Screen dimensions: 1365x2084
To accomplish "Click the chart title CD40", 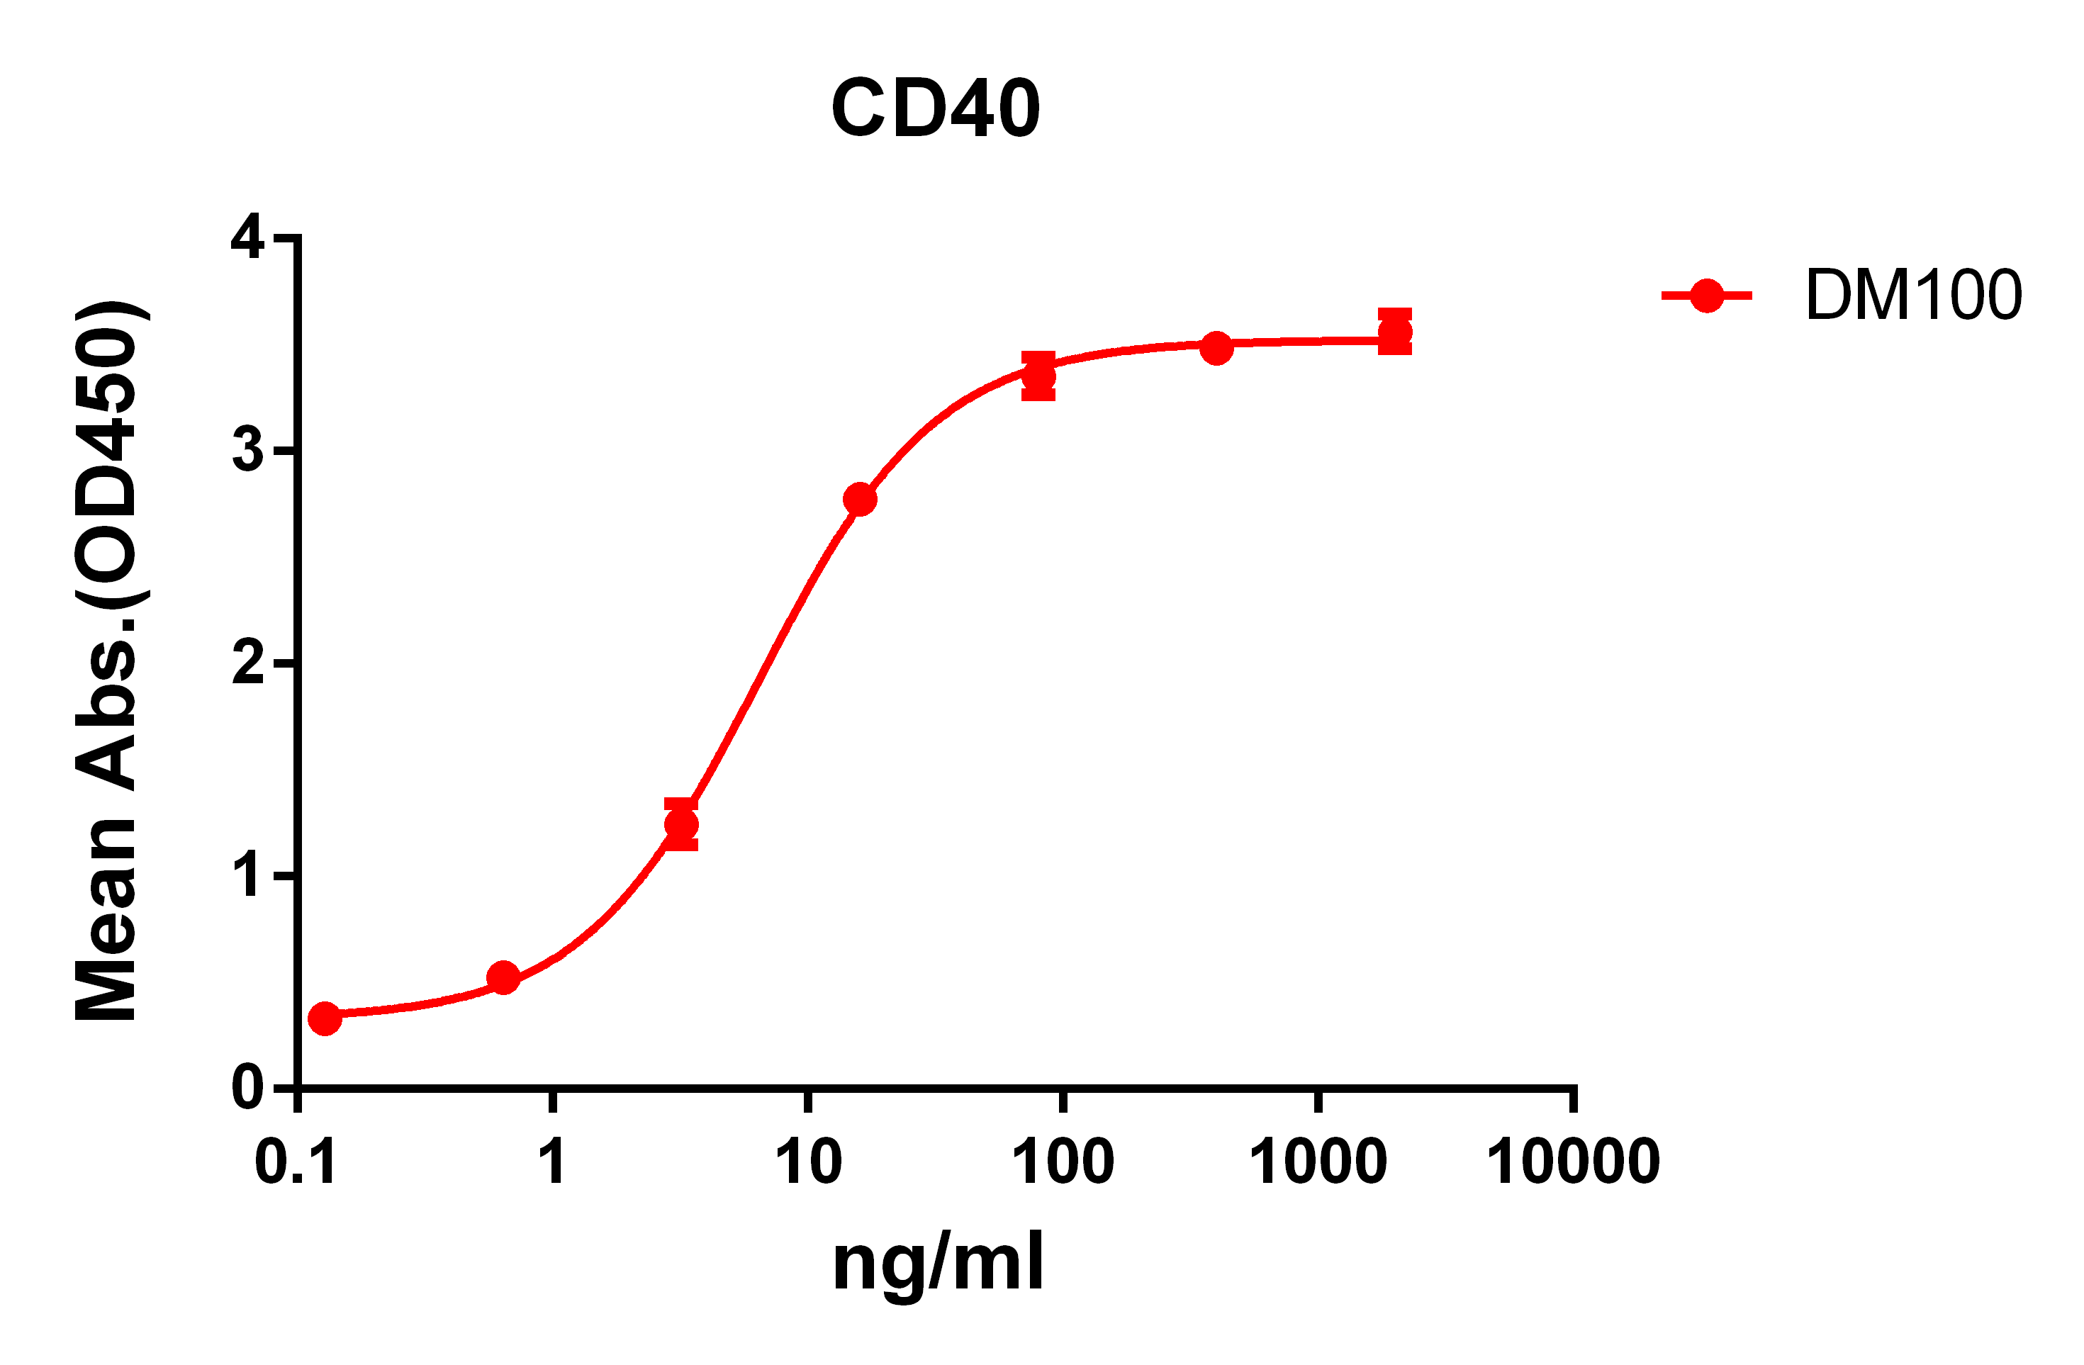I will pos(935,108).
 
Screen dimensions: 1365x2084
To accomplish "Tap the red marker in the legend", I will pos(1707,296).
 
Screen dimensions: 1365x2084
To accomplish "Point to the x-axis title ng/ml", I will pos(938,1264).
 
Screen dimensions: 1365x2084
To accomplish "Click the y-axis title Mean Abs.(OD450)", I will pos(107,662).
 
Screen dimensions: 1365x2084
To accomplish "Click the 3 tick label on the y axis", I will pos(248,451).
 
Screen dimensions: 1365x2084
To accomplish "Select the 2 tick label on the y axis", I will pos(248,663).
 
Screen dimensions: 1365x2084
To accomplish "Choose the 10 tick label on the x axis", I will pos(808,1164).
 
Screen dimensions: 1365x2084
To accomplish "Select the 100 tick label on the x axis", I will pos(1063,1164).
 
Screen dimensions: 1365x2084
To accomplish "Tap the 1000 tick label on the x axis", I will pos(1318,1164).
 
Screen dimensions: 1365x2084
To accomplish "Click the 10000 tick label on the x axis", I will pos(1574,1164).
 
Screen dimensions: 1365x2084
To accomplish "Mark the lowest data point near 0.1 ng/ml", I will pos(325,1018).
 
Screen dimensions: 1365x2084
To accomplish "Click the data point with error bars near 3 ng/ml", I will pos(681,824).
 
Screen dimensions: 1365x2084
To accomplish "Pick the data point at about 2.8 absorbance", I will pos(860,499).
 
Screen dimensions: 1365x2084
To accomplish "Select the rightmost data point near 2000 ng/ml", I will pos(1395,332).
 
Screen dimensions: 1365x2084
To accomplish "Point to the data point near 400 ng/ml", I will pos(1216,347).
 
